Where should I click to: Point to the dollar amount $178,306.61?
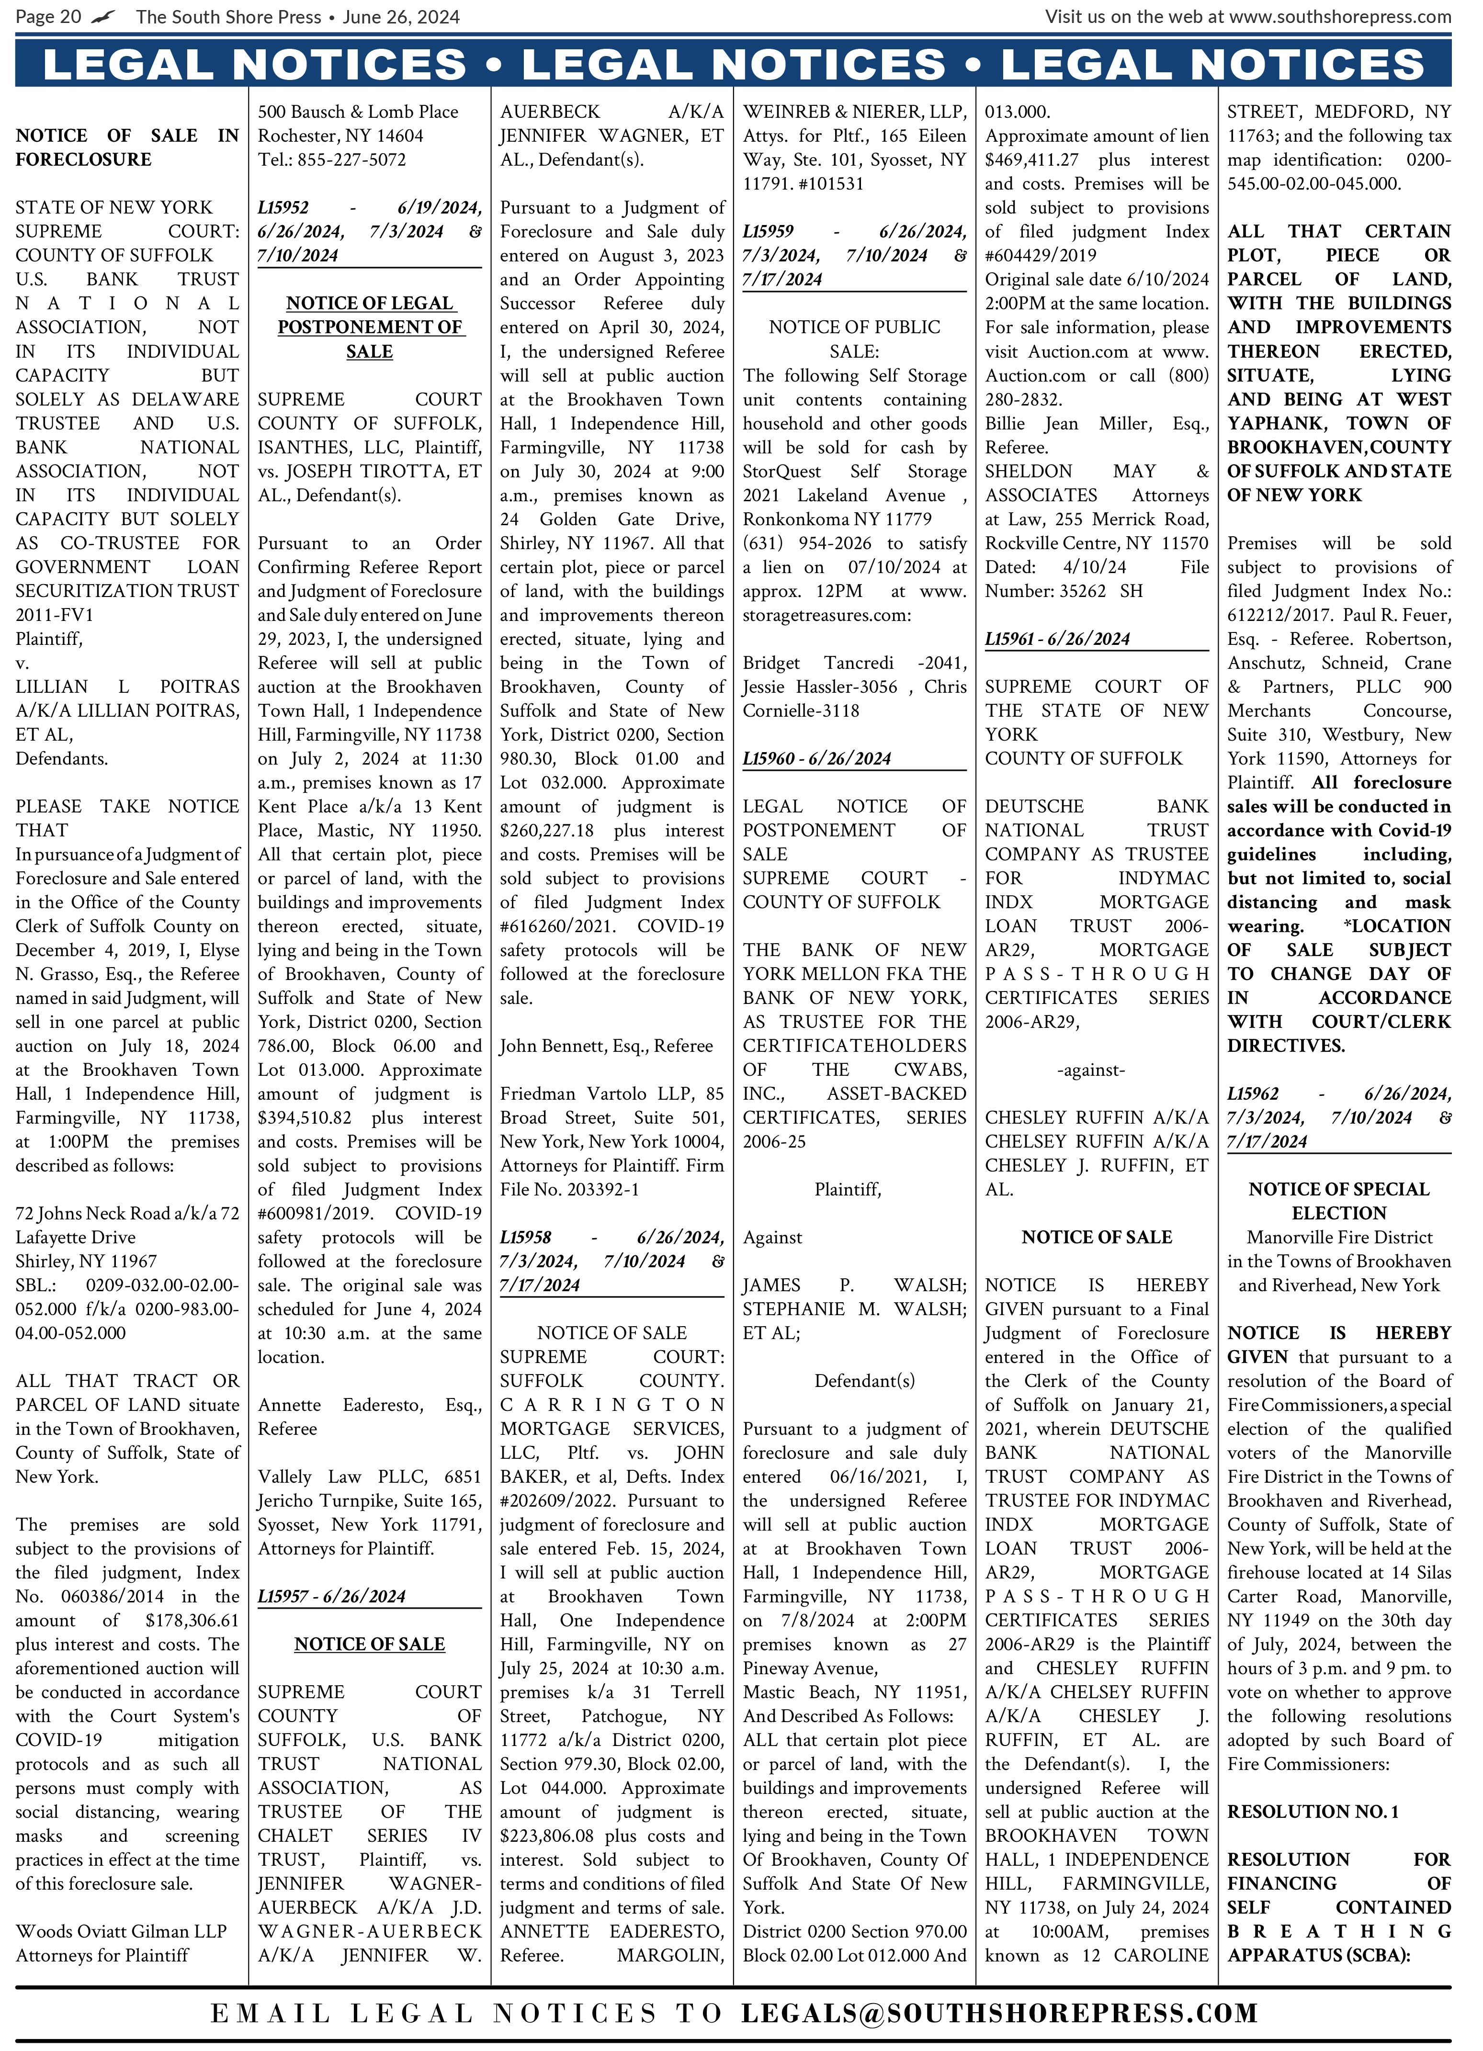click(192, 1621)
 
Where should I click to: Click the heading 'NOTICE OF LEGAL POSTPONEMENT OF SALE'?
click(370, 327)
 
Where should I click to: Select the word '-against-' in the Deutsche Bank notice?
click(1090, 1070)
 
